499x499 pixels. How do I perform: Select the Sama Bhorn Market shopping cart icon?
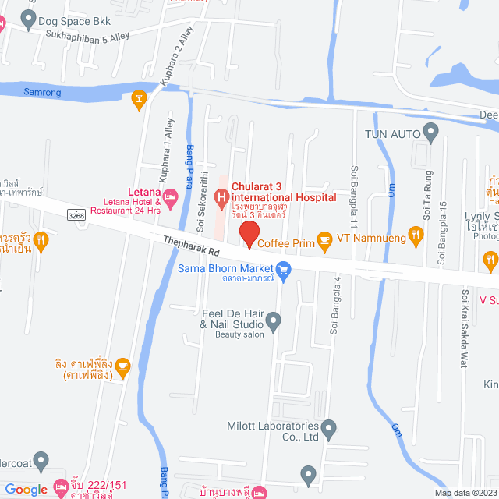284,271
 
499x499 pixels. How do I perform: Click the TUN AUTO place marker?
430,133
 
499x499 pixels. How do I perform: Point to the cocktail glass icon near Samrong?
140,97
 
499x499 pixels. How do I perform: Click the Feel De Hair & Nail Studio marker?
273,320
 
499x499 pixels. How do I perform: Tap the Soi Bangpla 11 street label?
355,192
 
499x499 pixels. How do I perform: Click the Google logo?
27,489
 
